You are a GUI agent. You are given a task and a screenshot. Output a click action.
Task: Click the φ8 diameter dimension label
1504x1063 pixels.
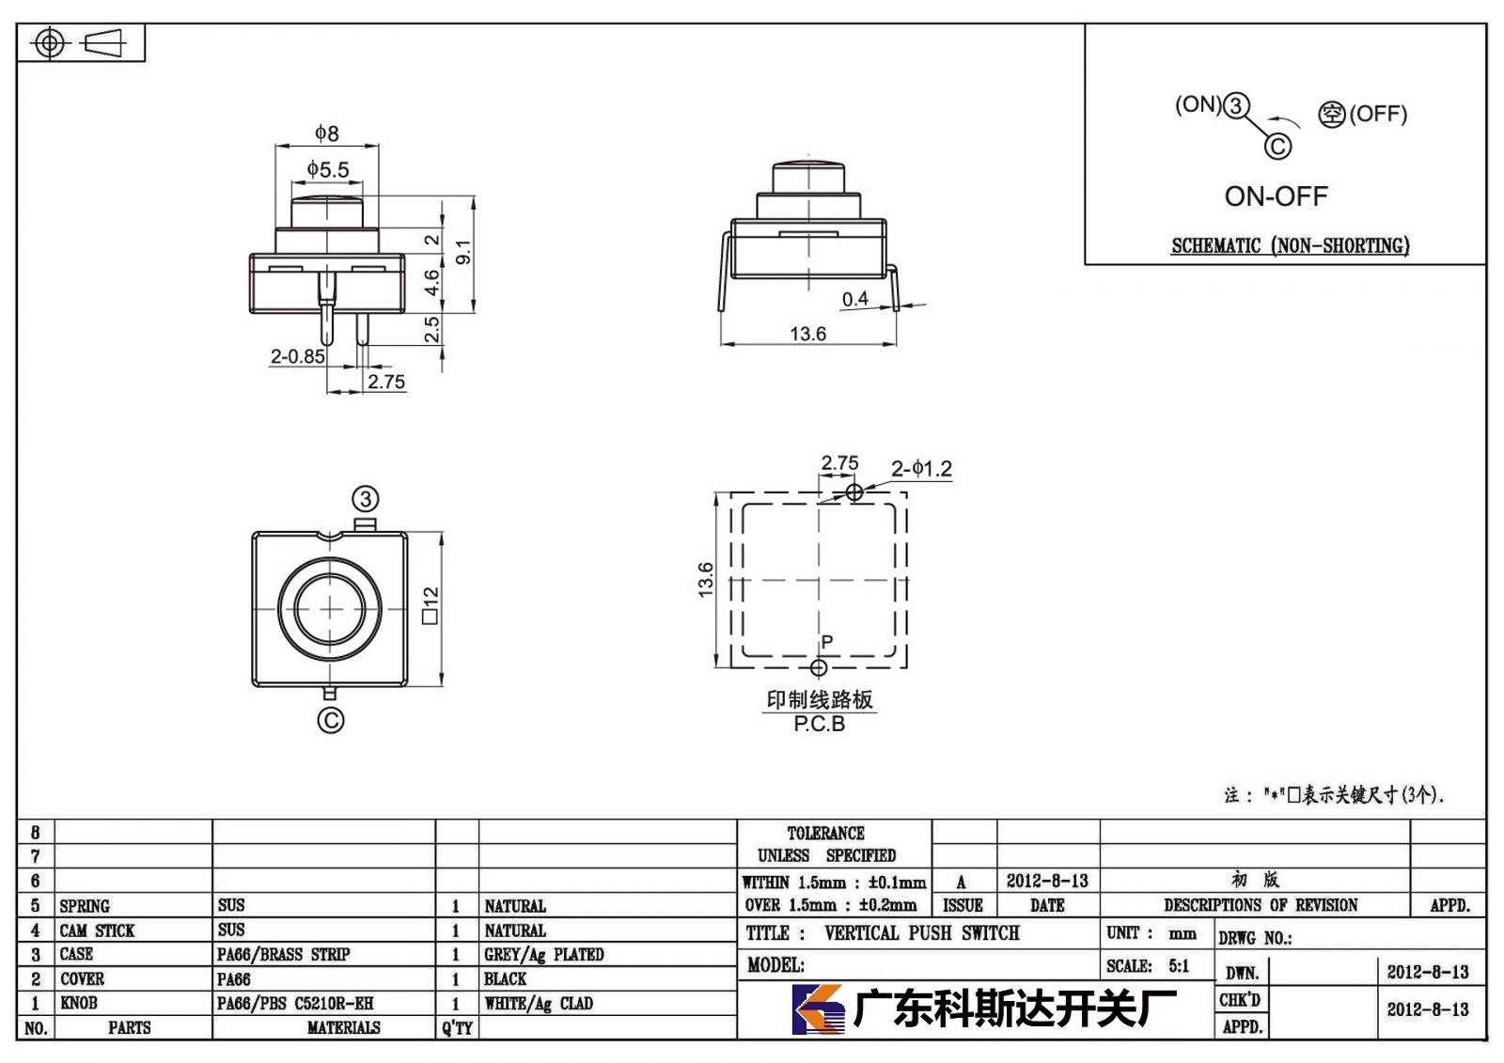click(327, 133)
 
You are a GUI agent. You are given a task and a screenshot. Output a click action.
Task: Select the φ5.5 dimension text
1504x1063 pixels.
click(328, 168)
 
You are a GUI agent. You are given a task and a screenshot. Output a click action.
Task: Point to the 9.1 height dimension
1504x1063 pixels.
click(463, 252)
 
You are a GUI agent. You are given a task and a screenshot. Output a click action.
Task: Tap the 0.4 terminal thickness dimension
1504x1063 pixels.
click(854, 299)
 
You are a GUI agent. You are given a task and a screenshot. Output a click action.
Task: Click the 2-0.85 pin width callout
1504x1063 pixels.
click(297, 356)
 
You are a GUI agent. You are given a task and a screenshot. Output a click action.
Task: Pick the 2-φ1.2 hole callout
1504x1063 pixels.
click(921, 468)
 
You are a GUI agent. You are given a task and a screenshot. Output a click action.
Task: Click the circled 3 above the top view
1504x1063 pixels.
click(366, 499)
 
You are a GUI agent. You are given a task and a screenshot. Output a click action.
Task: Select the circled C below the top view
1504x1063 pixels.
click(330, 721)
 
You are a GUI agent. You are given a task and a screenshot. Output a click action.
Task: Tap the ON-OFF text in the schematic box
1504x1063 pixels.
click(1276, 196)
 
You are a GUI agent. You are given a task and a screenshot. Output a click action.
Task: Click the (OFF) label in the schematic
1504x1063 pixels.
click(1378, 114)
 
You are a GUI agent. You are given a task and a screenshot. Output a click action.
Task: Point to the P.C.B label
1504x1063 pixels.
click(819, 724)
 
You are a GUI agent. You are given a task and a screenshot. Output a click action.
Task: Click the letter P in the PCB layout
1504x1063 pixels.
click(827, 641)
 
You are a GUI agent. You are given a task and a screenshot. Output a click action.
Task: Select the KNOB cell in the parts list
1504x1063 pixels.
click(79, 1003)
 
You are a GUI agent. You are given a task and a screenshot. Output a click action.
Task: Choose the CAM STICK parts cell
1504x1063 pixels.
click(97, 930)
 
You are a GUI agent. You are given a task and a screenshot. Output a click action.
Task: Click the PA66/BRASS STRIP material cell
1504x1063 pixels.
click(283, 954)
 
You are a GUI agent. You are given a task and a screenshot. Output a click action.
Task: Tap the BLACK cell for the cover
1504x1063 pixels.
click(505, 978)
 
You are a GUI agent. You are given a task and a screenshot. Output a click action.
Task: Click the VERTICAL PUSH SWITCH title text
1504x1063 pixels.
click(922, 932)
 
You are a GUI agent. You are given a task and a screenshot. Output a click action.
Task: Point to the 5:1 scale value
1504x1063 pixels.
click(1179, 965)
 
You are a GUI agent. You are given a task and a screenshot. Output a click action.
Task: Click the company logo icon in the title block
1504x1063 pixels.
click(818, 1009)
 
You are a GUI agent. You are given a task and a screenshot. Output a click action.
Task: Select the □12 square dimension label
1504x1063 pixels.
click(431, 605)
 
